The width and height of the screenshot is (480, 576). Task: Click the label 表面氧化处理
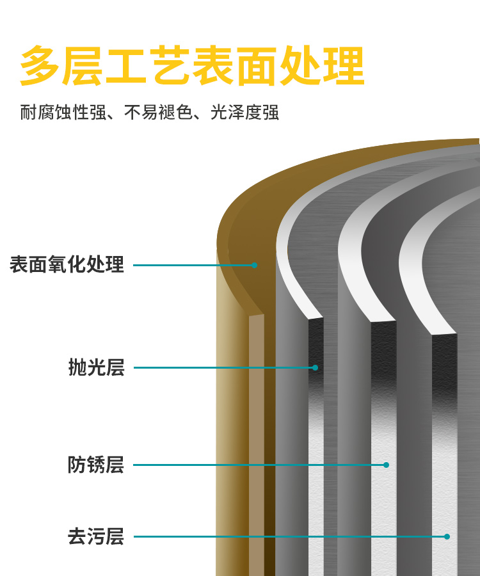[67, 264]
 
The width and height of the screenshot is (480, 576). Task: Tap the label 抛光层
[96, 367]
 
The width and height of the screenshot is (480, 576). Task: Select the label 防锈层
[96, 465]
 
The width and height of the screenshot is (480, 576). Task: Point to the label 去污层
[96, 536]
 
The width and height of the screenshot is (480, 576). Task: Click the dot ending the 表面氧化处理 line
[254, 265]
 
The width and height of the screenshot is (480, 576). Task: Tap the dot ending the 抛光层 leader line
[315, 367]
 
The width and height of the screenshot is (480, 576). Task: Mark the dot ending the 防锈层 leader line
[386, 465]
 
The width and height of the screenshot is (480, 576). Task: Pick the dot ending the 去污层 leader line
[447, 536]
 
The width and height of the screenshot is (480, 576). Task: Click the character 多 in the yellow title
[40, 66]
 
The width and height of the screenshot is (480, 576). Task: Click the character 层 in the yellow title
[84, 66]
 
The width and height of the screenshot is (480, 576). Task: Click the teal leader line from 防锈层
[256, 465]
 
